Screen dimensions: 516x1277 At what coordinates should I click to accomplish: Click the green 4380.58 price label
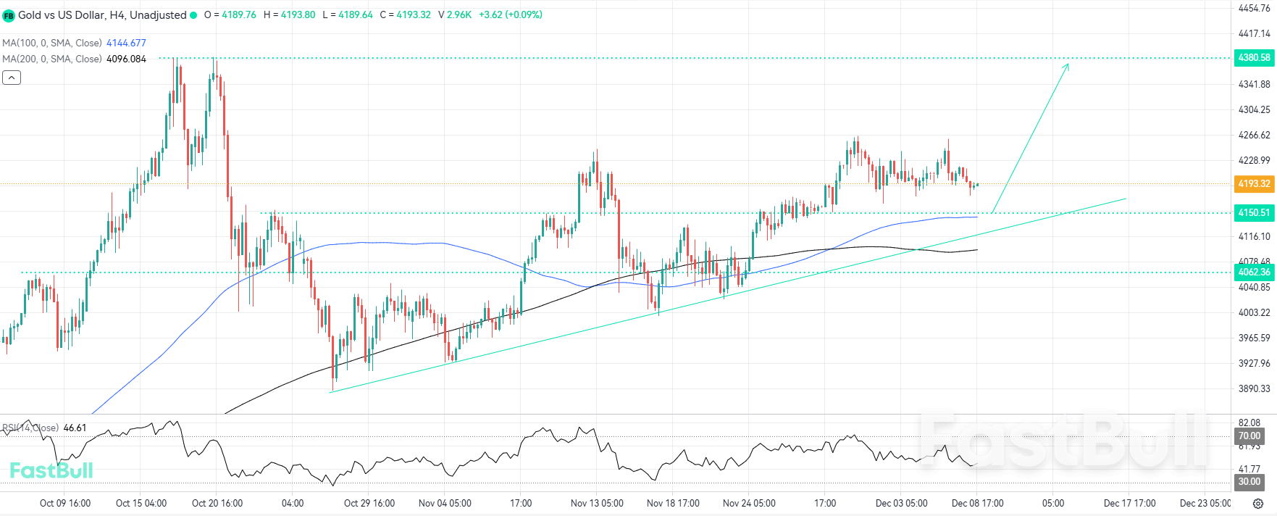coord(1254,57)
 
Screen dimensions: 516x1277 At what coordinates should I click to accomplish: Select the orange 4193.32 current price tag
coord(1254,183)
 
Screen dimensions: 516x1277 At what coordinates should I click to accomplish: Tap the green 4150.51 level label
coord(1254,212)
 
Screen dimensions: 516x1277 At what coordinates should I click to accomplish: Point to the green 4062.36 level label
coord(1254,272)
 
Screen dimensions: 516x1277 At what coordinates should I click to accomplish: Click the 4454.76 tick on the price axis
coord(1254,9)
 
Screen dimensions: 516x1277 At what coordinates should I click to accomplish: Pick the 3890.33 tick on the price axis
coord(1254,388)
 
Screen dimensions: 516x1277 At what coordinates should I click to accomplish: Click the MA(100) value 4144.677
coord(126,43)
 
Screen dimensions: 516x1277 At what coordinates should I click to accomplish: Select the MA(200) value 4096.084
coord(126,59)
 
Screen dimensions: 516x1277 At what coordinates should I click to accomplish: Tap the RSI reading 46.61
coord(75,428)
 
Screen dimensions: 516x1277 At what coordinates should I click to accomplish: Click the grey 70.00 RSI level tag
coord(1249,436)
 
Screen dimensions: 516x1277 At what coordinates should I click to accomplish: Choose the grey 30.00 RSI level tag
coord(1249,481)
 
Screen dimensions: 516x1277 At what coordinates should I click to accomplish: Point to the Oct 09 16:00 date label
coord(65,503)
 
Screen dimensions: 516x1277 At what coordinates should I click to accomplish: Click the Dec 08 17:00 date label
coord(977,503)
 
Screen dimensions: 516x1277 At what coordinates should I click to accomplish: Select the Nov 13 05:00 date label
coord(597,503)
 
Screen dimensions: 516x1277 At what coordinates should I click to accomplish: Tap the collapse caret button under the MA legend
coord(12,78)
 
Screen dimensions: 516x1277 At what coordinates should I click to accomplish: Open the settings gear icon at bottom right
coord(1258,503)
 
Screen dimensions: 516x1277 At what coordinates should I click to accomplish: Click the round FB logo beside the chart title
coord(9,15)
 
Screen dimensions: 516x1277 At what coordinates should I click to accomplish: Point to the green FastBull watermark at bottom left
coord(51,470)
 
